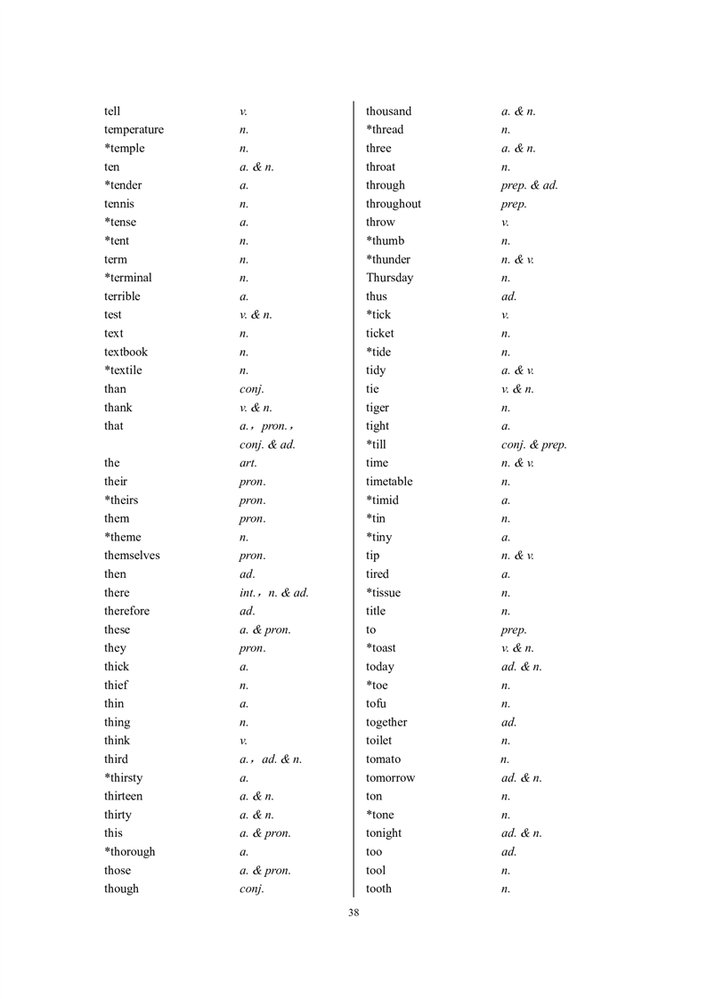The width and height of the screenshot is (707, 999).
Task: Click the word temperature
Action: point(134,130)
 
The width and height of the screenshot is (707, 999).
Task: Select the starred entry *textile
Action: point(123,370)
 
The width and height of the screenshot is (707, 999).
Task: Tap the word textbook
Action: point(126,352)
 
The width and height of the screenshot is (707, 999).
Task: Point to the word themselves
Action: point(132,556)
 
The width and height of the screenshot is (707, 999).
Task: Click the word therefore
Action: point(126,611)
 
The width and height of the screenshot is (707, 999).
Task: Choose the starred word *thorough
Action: point(129,852)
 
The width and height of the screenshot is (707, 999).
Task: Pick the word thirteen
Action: point(123,796)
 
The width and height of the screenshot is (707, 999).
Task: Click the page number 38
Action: point(353,912)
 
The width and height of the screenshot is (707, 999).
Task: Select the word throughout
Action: point(394,204)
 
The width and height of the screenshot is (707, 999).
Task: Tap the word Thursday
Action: point(389,278)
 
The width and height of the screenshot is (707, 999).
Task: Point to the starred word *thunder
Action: point(388,259)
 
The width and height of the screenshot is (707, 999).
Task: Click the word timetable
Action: point(389,482)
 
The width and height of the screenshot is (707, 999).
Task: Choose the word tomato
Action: point(383,759)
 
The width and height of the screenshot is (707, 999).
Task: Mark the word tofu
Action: point(376,704)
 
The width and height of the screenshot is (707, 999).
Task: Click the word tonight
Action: point(384,833)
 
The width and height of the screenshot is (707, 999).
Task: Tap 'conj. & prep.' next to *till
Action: point(534,444)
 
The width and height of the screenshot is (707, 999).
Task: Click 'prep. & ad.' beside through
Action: point(530,185)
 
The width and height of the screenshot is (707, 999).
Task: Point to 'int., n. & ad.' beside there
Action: point(274,593)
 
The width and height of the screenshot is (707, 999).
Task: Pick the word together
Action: point(386,723)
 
